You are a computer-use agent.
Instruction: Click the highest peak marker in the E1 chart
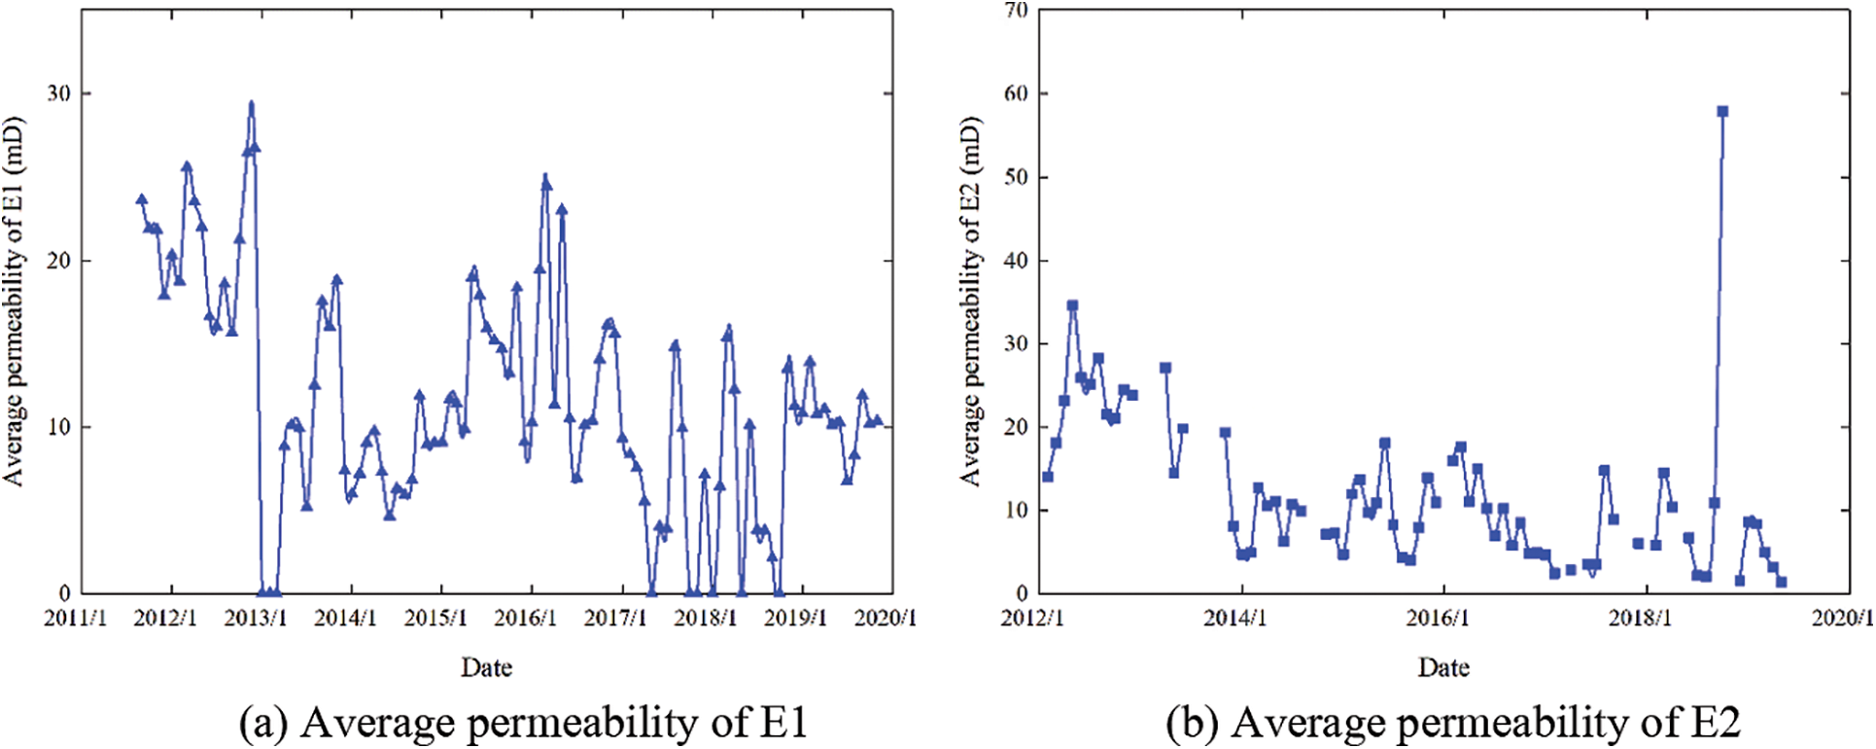coord(251,105)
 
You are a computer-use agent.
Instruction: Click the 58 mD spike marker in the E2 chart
coord(1722,112)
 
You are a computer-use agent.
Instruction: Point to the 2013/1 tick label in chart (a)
coord(255,619)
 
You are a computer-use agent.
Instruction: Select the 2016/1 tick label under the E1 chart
coord(525,619)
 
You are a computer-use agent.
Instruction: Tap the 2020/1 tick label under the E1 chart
coord(886,619)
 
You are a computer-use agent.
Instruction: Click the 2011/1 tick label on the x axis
coord(75,619)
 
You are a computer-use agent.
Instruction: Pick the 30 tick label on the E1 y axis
coord(58,93)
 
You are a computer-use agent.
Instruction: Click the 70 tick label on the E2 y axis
coord(1016,11)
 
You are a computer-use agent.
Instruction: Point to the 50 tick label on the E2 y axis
coord(1016,177)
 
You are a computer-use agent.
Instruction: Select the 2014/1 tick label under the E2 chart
coord(1235,619)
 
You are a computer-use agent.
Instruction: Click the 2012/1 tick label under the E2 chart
coord(1033,619)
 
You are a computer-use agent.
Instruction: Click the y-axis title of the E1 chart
coord(14,302)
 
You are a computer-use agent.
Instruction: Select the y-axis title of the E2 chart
coord(971,302)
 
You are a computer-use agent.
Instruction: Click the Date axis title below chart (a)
coord(486,667)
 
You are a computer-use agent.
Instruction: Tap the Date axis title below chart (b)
coord(1443,667)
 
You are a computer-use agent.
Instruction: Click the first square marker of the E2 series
coord(1048,477)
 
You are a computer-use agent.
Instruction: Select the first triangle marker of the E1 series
coord(142,199)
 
